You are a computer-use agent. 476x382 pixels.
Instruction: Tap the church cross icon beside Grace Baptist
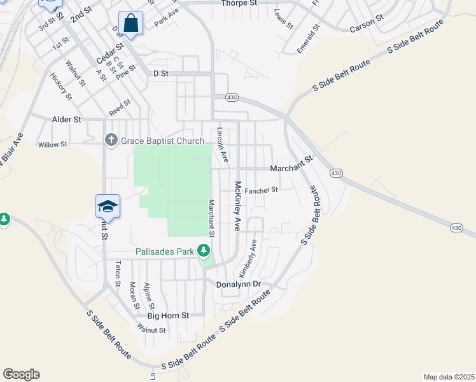pos(111,140)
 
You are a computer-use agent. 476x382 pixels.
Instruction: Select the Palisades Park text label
pos(164,251)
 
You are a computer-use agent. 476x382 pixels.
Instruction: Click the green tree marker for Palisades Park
pos(204,251)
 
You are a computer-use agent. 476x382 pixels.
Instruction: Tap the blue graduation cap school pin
pos(108,206)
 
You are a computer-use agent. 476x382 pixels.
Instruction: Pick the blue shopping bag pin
pos(130,24)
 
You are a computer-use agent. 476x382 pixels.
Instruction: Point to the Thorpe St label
pos(239,3)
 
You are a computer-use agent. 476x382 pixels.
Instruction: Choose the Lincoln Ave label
pos(221,145)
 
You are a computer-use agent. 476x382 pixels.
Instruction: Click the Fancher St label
pos(262,190)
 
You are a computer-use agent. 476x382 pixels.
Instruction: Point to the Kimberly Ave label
pos(247,255)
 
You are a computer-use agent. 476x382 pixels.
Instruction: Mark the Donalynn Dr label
pos(239,284)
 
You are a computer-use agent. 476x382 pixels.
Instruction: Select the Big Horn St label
pos(169,315)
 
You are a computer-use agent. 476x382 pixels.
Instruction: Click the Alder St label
pos(66,119)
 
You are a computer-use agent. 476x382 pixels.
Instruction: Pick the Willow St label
pos(52,145)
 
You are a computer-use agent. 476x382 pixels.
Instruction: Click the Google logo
pos(21,374)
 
